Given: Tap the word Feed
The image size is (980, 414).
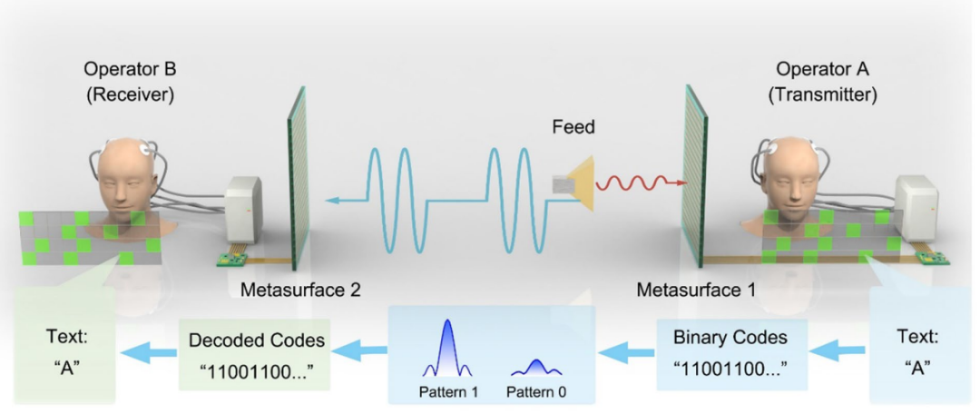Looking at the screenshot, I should pyautogui.click(x=573, y=127).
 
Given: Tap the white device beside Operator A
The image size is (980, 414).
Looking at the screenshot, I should pyautogui.click(x=916, y=209).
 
